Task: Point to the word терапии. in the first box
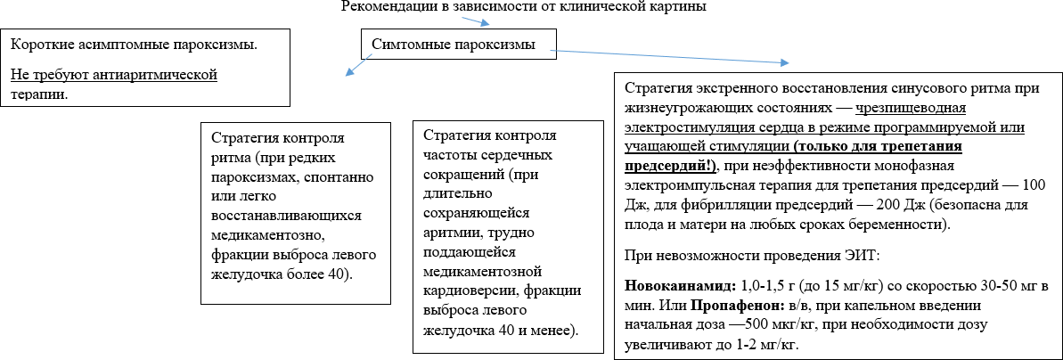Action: pos(39,93)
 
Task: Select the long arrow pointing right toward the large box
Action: pos(668,55)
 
